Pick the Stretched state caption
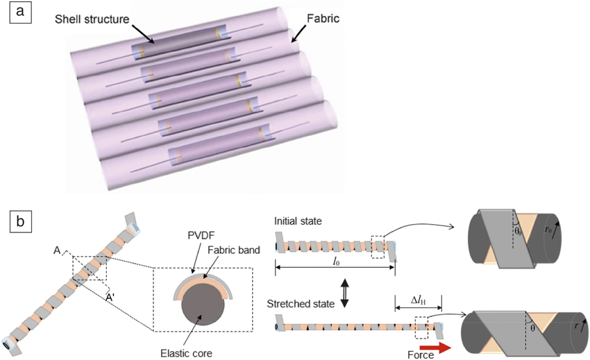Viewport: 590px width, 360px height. click(x=303, y=303)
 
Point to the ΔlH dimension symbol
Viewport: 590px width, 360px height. click(x=418, y=299)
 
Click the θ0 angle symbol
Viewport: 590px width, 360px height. click(x=516, y=229)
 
